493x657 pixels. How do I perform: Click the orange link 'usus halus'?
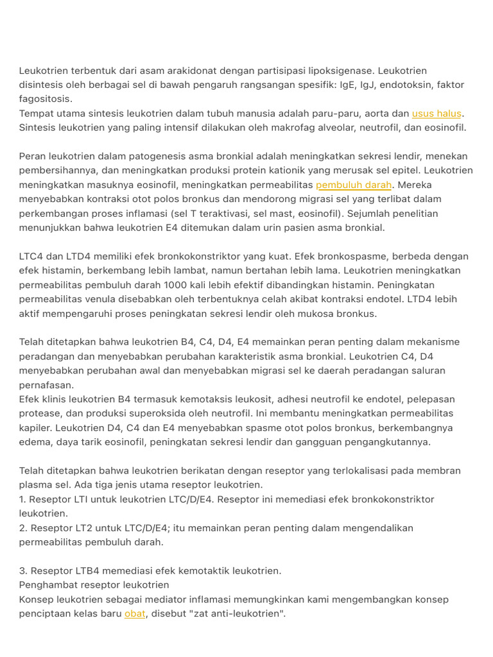[437, 114]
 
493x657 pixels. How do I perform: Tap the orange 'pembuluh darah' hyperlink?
[354, 185]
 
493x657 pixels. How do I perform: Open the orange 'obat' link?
[135, 613]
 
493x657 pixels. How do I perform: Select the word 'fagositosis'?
[45, 99]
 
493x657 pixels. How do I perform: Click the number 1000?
[176, 285]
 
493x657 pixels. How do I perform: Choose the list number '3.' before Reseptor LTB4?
[23, 571]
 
